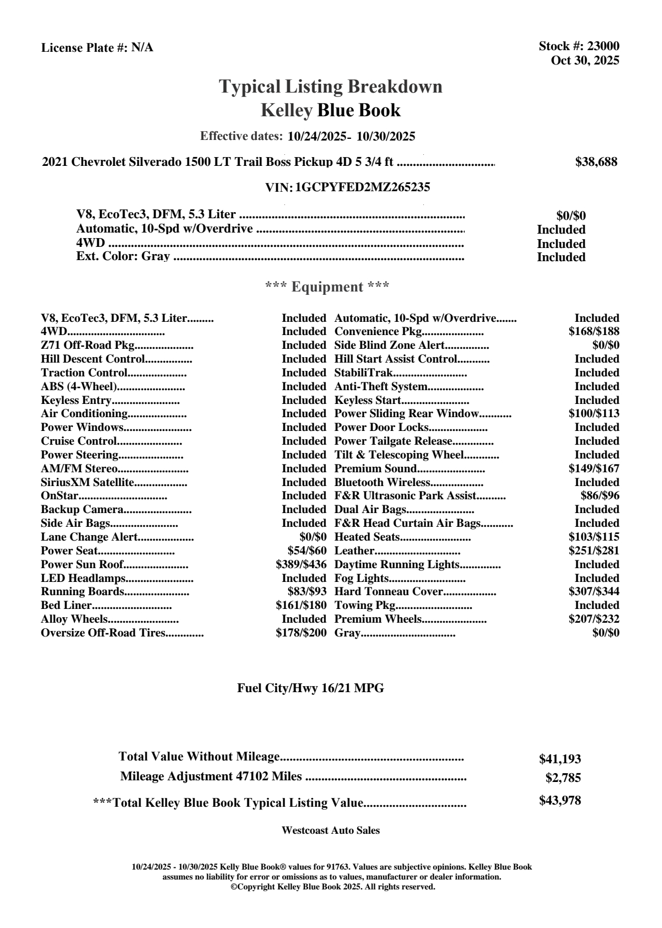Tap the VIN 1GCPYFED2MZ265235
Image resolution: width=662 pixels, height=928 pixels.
click(x=363, y=187)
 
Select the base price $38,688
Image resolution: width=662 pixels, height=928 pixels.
click(x=596, y=162)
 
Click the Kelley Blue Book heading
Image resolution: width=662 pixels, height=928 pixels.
click(x=330, y=110)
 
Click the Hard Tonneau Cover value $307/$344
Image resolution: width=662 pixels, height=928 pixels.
click(x=594, y=592)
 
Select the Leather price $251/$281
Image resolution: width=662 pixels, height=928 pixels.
click(x=594, y=551)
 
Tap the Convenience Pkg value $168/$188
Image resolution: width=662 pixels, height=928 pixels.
click(x=594, y=332)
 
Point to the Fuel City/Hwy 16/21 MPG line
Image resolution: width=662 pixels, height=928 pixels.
click(x=310, y=688)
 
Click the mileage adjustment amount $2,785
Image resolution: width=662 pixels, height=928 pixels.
click(x=563, y=778)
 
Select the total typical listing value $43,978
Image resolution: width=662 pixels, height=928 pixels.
click(x=559, y=801)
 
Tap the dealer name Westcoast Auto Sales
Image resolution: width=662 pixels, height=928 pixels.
click(x=330, y=830)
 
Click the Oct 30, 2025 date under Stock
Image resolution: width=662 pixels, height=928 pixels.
click(x=585, y=61)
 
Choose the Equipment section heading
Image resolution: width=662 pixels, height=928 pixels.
click(x=327, y=287)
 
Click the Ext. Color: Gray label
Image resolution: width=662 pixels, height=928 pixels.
click(x=123, y=257)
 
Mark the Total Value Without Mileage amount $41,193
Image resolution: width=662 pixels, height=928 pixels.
click(x=559, y=759)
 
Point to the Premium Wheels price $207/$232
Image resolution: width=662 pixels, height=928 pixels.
click(x=594, y=619)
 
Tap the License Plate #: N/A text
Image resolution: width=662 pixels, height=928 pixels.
click(x=98, y=48)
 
